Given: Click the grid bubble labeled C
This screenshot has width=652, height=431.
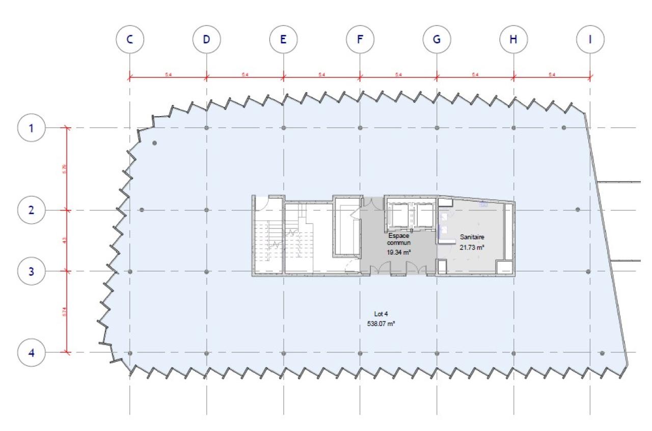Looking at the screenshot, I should [x=130, y=39].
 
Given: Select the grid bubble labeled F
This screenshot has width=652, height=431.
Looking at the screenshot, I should [x=360, y=39].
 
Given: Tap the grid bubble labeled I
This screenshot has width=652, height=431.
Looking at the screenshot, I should [x=590, y=39].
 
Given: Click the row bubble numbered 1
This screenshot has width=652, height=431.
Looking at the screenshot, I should [x=32, y=127].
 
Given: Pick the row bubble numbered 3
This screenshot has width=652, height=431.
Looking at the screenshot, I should [x=32, y=271].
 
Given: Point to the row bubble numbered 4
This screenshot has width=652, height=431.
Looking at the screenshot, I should [x=32, y=353].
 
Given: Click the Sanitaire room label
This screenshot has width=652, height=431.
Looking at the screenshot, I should [x=472, y=237].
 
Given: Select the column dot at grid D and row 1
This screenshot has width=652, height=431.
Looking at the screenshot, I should [x=206, y=127].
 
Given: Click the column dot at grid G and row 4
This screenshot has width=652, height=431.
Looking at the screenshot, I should [x=437, y=353].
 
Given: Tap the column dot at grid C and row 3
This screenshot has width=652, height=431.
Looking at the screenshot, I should [x=130, y=272].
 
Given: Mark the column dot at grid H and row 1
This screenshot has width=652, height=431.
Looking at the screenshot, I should [x=513, y=127].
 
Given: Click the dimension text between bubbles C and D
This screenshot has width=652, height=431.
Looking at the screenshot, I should [x=168, y=75].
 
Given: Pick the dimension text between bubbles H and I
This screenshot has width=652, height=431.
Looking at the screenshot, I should [x=552, y=75].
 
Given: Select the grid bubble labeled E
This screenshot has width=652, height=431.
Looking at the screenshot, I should [x=283, y=39].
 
